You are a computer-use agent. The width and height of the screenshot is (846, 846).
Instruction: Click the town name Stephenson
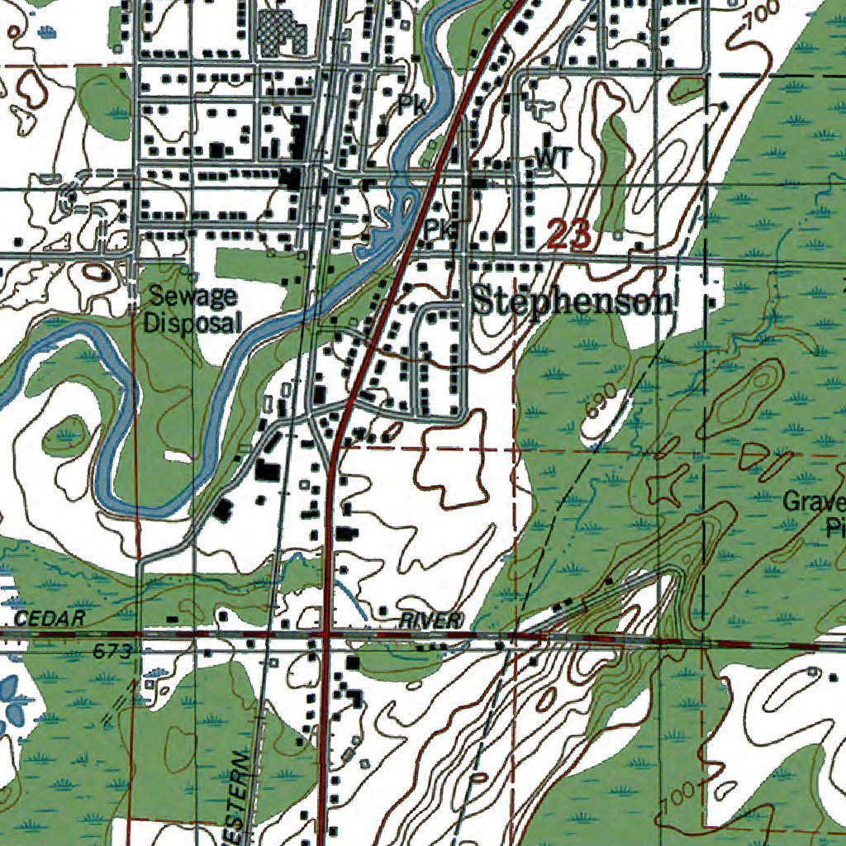tap(572, 302)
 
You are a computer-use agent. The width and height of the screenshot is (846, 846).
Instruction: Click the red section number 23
tap(569, 235)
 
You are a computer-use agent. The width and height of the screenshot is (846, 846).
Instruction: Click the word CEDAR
tap(50, 619)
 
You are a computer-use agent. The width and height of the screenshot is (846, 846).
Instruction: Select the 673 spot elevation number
tap(112, 653)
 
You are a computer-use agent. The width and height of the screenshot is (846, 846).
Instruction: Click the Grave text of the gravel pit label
tap(814, 501)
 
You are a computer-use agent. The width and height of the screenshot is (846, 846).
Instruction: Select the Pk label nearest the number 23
tap(440, 230)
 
